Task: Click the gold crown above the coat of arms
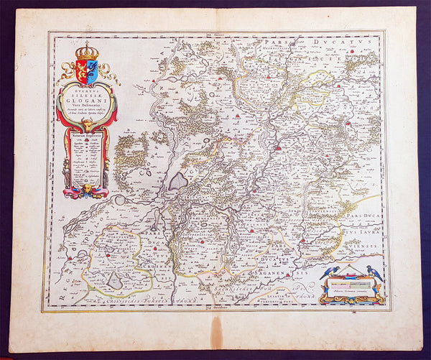(x=87, y=52)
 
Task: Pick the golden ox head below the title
(x=87, y=126)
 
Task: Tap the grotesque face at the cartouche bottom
(x=86, y=190)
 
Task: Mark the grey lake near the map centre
(x=177, y=180)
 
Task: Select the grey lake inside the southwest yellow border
(x=115, y=281)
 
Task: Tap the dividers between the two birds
(x=351, y=271)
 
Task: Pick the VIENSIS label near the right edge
(x=364, y=243)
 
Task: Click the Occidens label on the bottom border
(x=215, y=308)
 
